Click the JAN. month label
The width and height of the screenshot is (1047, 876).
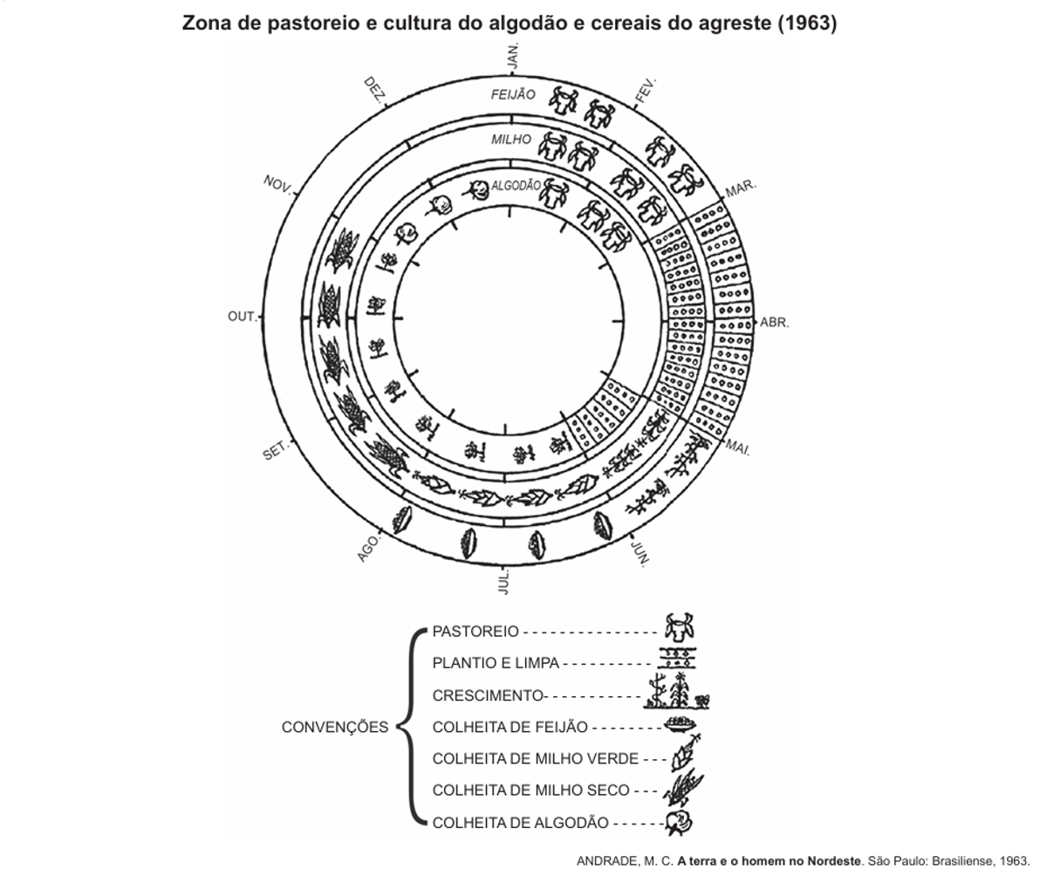coord(513,55)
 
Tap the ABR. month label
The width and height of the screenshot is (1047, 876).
coord(774,323)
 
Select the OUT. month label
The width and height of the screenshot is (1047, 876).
coord(242,317)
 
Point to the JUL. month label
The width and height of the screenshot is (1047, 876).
coord(503,582)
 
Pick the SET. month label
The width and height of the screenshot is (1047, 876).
coord(276,453)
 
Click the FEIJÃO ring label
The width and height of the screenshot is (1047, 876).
coord(513,94)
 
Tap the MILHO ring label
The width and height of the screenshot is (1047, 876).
coord(510,139)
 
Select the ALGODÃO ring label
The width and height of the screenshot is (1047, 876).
coord(517,186)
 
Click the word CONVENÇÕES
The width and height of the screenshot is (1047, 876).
coord(335,728)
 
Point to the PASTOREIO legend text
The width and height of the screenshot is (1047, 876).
coord(476,632)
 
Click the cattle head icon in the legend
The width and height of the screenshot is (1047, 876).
coord(679,627)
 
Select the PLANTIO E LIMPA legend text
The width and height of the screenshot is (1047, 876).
coord(496,663)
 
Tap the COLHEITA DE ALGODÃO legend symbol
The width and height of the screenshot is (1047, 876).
coord(678,822)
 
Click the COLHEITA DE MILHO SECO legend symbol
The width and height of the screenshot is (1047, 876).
coord(681,789)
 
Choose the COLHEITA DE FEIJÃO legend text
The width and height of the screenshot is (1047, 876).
coord(510,727)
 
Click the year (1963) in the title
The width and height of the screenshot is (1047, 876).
coord(807,24)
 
